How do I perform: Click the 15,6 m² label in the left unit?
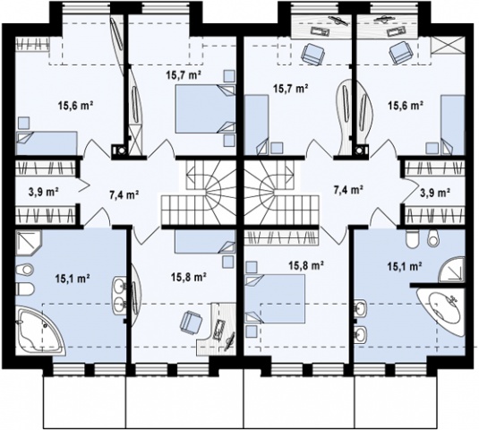75,106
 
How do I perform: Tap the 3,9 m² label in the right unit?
432,192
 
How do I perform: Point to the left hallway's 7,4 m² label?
124,194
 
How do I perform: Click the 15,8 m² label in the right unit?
306,265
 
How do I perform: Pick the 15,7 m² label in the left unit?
184,74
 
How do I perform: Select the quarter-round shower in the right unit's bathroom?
451,270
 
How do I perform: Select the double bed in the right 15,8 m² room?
275,298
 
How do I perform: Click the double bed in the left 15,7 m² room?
205,109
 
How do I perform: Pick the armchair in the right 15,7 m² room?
312,53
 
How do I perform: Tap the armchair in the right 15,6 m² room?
400,52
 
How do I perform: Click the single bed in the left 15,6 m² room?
47,143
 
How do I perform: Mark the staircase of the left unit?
199,193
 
